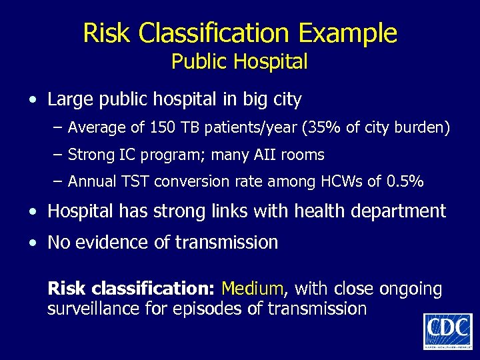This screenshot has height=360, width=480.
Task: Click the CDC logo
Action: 447,331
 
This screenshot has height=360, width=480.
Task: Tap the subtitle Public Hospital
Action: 239,62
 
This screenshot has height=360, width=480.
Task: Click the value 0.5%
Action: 405,181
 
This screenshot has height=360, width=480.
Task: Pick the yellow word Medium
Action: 253,289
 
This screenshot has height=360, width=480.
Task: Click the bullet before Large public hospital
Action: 33,101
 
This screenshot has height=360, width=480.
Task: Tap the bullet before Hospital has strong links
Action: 33,212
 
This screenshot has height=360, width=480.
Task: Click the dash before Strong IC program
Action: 58,155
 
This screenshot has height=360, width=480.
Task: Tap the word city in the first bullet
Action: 287,101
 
